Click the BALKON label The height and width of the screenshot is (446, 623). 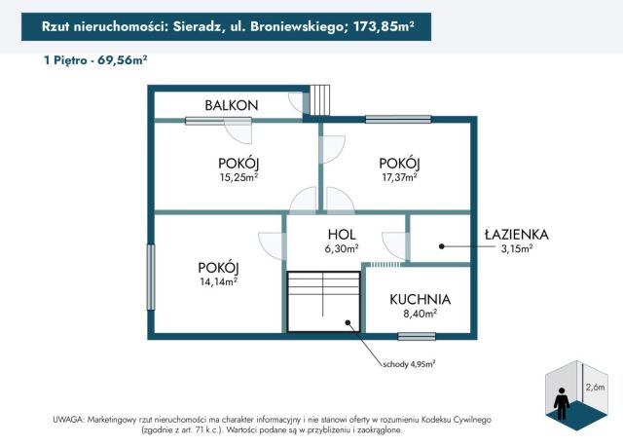(x=231, y=105)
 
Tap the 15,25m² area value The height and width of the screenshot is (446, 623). (x=238, y=177)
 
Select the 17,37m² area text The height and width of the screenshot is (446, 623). (x=398, y=177)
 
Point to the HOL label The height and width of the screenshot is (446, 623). (x=342, y=235)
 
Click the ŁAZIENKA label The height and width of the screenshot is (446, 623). (x=517, y=235)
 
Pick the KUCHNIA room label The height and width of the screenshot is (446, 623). (x=421, y=299)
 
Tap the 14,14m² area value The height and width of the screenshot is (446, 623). (x=218, y=281)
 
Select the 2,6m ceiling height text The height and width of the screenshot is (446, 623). (x=594, y=387)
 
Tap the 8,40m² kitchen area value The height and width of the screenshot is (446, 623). (x=420, y=314)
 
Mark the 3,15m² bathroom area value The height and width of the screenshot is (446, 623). (x=517, y=248)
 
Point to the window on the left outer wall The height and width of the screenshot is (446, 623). (x=151, y=277)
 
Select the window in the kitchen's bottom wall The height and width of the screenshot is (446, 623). (x=417, y=336)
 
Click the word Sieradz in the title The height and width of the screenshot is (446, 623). (x=190, y=28)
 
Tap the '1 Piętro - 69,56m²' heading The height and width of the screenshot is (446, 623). (x=95, y=60)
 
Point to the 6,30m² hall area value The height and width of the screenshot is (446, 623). (x=342, y=248)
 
